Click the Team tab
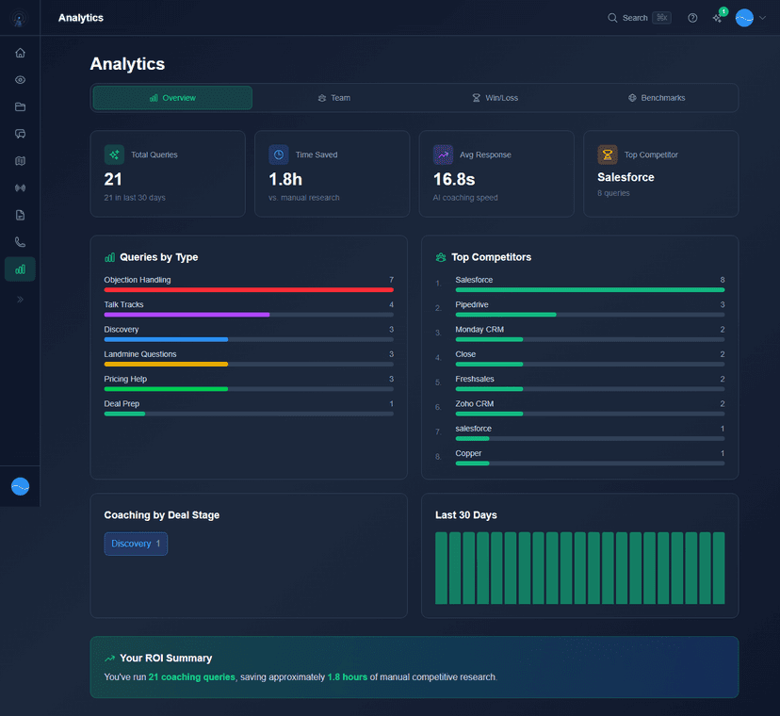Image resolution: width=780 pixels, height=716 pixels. pos(334,98)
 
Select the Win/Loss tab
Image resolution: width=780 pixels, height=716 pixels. pos(496,98)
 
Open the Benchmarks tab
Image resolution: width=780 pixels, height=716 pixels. pos(657,98)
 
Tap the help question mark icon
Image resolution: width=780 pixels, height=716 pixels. pos(692,18)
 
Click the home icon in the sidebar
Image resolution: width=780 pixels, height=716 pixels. pos(20,53)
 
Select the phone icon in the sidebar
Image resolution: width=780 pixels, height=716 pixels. pos(20,242)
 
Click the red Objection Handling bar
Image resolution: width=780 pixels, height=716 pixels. pos(249,290)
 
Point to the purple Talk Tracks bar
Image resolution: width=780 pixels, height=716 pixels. pos(187,315)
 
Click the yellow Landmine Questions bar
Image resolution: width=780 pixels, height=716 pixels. pos(166,364)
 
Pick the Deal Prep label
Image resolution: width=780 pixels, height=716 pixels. pos(122,403)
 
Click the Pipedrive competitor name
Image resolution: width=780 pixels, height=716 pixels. pos(471,304)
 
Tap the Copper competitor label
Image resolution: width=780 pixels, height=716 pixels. pos(468,453)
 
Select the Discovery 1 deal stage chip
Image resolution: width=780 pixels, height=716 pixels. pos(136,544)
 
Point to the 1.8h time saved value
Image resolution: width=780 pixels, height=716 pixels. pos(286,179)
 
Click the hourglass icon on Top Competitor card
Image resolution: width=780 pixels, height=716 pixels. pos(608,155)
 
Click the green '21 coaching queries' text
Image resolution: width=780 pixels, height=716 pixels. pos(191,676)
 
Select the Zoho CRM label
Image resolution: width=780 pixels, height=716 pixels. pos(474,403)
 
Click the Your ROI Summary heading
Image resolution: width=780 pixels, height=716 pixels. pos(166,659)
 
